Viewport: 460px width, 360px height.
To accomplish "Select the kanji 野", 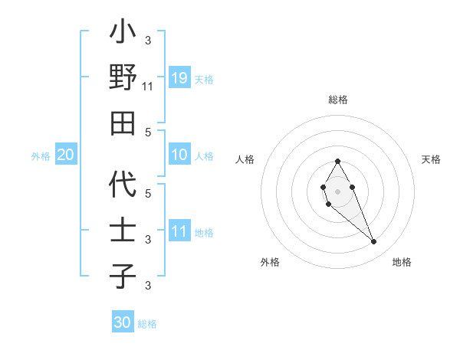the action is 123,78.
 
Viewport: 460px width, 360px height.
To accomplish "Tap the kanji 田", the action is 123,123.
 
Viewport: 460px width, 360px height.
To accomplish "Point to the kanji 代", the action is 123,185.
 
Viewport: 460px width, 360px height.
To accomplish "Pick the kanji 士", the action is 123,231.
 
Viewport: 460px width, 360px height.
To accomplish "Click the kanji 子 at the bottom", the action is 123,277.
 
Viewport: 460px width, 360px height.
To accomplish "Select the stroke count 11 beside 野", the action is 148,87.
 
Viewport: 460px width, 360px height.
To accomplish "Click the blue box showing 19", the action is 179,77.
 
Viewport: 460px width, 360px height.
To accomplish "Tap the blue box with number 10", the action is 179,155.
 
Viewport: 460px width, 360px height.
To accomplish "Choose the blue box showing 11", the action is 179,231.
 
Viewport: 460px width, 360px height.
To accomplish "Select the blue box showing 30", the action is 123,322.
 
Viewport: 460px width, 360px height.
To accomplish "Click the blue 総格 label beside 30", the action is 147,324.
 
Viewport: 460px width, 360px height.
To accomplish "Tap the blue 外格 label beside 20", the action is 41,156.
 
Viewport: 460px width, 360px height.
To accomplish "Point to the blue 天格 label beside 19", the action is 204,79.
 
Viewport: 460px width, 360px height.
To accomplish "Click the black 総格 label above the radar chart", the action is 338,100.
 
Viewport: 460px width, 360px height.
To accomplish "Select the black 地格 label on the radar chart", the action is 402,262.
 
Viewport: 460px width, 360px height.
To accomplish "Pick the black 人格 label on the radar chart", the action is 245,159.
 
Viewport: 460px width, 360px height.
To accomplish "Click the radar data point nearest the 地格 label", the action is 373,242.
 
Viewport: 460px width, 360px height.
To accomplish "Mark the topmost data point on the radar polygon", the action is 337,161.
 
